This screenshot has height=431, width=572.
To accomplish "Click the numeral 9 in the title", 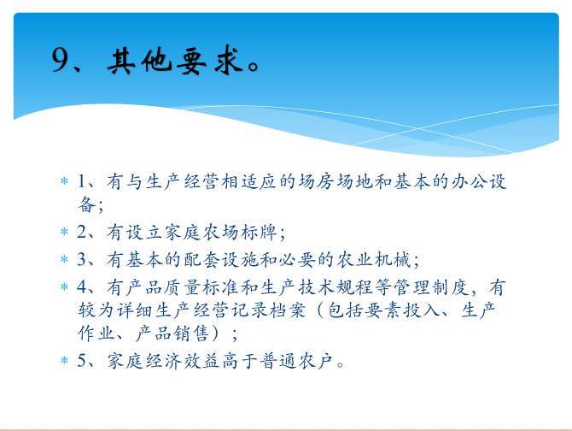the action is click(x=60, y=60).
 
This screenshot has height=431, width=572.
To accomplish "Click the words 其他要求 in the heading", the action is click(x=175, y=61).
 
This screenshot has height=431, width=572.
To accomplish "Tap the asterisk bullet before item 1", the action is click(x=64, y=181).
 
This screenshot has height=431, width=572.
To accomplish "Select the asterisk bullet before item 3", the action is click(x=64, y=259).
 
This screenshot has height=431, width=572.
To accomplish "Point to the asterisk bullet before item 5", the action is click(x=64, y=361).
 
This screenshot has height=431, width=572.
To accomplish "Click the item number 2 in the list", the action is click(x=81, y=232).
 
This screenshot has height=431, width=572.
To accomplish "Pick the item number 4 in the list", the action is click(x=81, y=287).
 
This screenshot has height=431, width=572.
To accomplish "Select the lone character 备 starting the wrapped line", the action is click(x=87, y=204).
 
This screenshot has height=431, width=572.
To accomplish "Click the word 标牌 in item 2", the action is click(x=259, y=233).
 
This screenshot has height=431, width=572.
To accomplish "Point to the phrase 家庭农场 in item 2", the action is click(x=201, y=233).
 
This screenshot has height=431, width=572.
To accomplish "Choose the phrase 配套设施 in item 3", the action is click(x=221, y=260).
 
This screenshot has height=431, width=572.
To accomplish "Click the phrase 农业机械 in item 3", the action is click(x=374, y=260).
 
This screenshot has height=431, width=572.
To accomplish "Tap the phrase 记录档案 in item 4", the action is click(x=268, y=310).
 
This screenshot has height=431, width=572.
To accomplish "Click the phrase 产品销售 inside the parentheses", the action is click(x=172, y=334).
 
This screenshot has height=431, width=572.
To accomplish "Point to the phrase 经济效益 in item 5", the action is click(x=183, y=361).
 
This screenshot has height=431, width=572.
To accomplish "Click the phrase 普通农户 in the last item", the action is click(x=297, y=361).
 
